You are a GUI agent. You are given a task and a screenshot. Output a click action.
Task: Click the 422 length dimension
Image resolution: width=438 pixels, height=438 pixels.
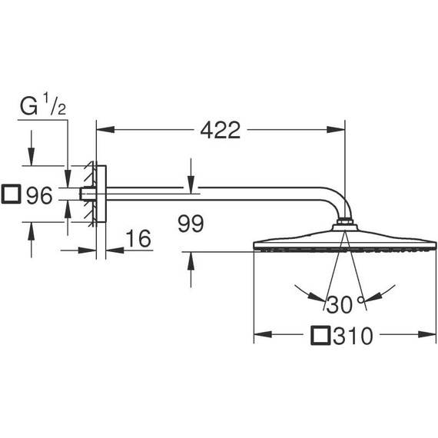pos(220,130)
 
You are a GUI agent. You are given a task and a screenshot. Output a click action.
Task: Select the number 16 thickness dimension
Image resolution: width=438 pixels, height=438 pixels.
pos(136,239)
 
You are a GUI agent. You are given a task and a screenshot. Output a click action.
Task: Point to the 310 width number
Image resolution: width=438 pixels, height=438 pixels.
pos(354,336)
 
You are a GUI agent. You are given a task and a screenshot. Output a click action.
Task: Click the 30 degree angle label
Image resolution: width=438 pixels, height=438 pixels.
pos(338,305)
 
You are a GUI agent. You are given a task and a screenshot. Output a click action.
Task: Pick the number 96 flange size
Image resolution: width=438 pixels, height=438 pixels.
pos(38,196)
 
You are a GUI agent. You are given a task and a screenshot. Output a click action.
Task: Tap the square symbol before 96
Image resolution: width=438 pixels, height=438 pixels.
pos(12,195)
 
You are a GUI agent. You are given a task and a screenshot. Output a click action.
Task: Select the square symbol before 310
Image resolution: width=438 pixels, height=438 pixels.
pos(322,336)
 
